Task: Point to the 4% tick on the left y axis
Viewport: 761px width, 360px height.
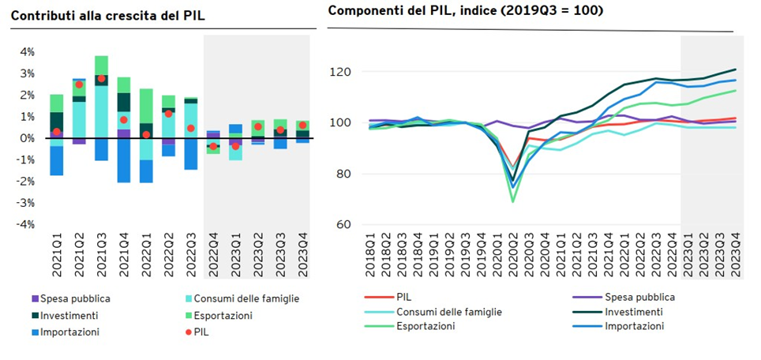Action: [27, 52]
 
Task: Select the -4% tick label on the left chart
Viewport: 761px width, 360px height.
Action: [25, 224]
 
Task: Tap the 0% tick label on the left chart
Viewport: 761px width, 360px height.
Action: [27, 138]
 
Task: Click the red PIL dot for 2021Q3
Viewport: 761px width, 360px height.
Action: [102, 79]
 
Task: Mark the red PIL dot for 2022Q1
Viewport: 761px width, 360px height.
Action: [147, 134]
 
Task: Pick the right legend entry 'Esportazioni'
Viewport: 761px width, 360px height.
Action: [425, 325]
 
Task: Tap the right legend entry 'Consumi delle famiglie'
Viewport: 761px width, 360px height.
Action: [448, 311]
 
